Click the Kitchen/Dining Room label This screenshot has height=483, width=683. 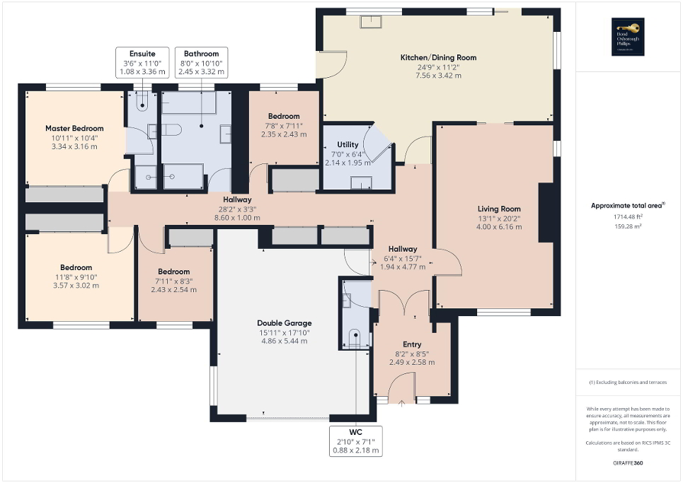438,57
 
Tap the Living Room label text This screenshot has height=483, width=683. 499,209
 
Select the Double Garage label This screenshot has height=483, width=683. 284,323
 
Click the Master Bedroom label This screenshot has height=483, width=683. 74,129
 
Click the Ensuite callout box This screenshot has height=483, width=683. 142,62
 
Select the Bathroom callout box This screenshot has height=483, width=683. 202,62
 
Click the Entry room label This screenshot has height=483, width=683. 412,344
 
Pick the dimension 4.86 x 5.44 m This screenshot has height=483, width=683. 284,341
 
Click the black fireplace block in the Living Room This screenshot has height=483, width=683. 546,213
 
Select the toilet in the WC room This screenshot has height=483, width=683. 355,336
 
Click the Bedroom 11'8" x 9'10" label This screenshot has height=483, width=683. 76,268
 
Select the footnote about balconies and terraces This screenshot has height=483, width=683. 628,383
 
